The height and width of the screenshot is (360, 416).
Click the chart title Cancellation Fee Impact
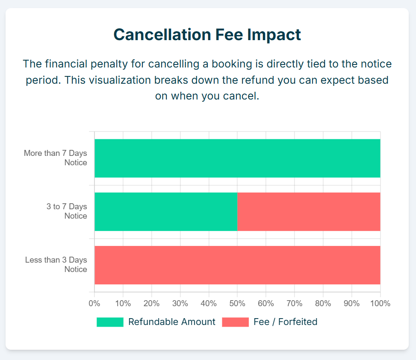coord(207,35)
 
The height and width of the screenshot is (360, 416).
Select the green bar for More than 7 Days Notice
coord(237,158)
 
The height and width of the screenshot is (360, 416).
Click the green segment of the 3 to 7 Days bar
coord(166,212)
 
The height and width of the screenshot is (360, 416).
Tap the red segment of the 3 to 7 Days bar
coord(309,212)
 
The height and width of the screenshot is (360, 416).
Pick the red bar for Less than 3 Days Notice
coord(237,265)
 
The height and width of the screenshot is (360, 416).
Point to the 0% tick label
coord(94,303)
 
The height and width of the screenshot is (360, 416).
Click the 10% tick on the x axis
coord(123,303)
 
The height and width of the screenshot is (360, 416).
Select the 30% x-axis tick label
coord(180,303)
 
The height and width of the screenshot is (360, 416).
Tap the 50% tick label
coord(237,303)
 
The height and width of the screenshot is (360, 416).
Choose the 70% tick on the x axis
coord(295,303)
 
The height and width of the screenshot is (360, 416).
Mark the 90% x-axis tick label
coord(351,303)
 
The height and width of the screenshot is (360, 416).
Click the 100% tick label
coord(380,303)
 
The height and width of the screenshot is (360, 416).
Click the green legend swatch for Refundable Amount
coord(110,322)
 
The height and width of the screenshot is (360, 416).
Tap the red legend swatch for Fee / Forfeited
coord(235,322)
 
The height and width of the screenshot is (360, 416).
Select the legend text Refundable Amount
coord(171,322)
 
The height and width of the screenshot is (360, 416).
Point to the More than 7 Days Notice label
coord(56,158)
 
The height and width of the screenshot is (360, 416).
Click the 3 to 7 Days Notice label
coord(67,211)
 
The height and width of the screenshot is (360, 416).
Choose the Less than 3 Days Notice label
coord(56,265)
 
